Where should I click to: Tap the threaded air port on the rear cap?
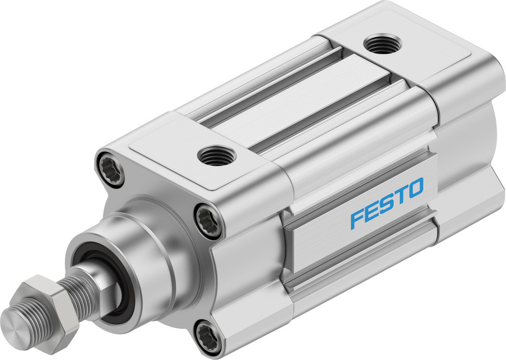point(383,44)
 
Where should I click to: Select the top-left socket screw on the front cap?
point(112,167)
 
